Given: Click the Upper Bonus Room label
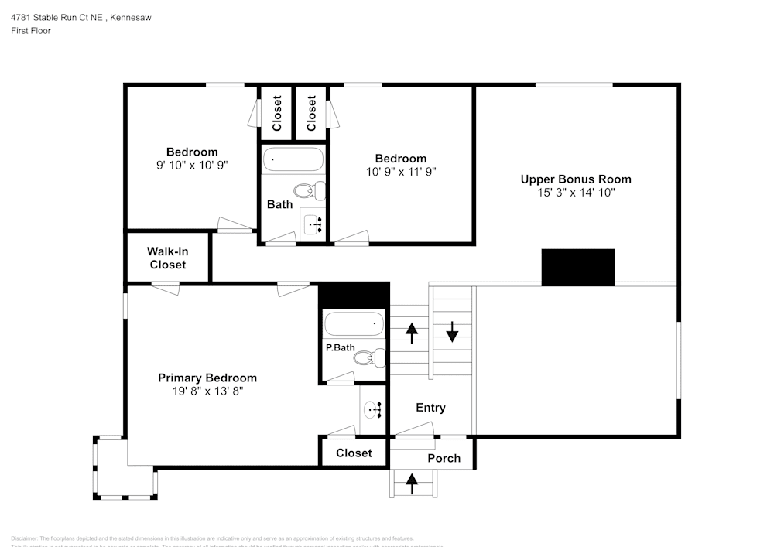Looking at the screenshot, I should click(580, 179).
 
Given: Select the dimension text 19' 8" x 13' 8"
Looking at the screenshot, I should click(207, 391).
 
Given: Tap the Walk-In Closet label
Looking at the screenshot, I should click(168, 258).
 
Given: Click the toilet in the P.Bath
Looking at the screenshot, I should click(375, 357).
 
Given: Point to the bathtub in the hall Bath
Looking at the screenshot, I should click(293, 160).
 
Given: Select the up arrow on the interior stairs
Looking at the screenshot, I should click(412, 333).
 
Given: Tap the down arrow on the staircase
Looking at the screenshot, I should click(452, 335).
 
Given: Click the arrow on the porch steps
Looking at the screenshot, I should click(412, 484).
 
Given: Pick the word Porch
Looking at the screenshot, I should click(444, 458).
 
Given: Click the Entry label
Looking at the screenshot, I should click(430, 408).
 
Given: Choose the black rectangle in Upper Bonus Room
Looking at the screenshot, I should click(577, 267).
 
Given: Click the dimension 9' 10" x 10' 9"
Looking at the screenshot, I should click(192, 165).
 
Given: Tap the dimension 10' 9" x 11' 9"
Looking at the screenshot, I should click(401, 172).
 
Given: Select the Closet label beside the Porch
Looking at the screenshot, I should click(354, 453).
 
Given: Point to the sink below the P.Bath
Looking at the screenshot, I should click(373, 409).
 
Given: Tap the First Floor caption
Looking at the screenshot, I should click(31, 31).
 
